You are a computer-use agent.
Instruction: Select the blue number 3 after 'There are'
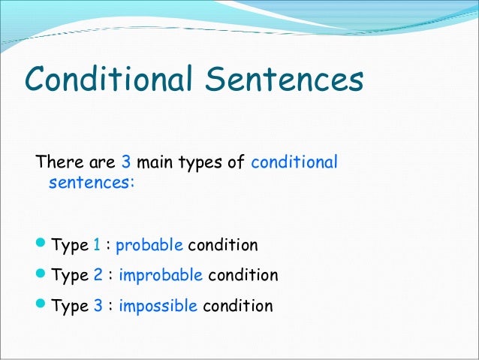(125, 162)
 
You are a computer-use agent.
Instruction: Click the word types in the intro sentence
(200, 162)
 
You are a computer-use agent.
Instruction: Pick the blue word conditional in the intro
(294, 162)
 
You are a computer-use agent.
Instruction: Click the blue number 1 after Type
(96, 246)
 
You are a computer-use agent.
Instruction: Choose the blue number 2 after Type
(98, 276)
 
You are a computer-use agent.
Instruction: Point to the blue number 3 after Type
(98, 306)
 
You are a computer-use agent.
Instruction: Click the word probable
(149, 246)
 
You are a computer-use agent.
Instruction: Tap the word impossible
(158, 306)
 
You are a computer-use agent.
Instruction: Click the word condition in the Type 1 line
(222, 246)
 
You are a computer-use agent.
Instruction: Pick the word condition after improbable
(243, 276)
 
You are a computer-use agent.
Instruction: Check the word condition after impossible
(237, 306)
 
